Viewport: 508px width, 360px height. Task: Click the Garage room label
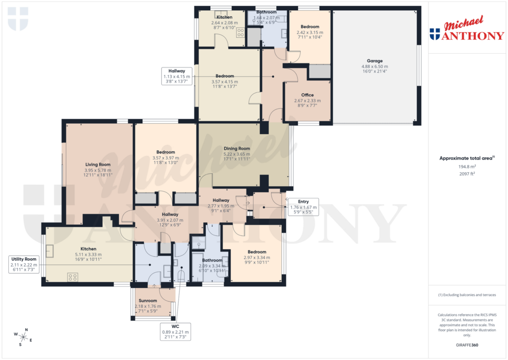click(375, 61)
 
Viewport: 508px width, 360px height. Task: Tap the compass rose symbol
click(23, 337)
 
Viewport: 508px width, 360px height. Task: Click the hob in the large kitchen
click(72, 277)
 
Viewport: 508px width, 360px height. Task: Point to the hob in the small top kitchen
click(241, 33)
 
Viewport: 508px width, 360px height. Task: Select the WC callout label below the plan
click(175, 331)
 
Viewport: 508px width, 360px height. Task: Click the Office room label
click(308, 95)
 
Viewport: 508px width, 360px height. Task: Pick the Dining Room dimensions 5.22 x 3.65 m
click(237, 154)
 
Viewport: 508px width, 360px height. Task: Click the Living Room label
click(98, 164)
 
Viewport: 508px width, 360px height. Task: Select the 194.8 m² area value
click(466, 167)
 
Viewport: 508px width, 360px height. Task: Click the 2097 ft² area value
click(466, 174)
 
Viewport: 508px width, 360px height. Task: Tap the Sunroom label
click(147, 301)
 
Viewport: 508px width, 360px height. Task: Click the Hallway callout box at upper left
click(177, 76)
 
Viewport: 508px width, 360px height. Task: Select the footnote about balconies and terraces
click(467, 295)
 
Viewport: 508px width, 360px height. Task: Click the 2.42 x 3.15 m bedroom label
click(310, 32)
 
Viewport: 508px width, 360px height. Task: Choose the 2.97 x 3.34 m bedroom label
click(257, 257)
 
